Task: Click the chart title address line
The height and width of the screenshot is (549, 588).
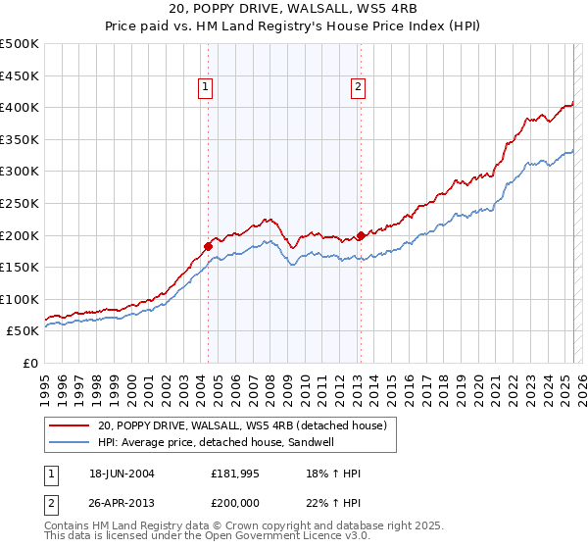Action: tap(293, 10)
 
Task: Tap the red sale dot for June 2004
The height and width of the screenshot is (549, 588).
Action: tap(208, 245)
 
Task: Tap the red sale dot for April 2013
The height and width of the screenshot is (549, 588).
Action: tap(361, 235)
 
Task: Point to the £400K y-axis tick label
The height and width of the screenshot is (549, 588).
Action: tap(19, 107)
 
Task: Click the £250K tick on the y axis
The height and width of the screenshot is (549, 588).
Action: tap(19, 203)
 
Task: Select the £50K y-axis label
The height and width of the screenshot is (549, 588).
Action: tap(24, 331)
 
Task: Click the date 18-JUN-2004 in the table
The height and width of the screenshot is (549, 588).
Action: tap(122, 474)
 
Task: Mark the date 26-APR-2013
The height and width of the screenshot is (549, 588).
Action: tap(122, 505)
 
